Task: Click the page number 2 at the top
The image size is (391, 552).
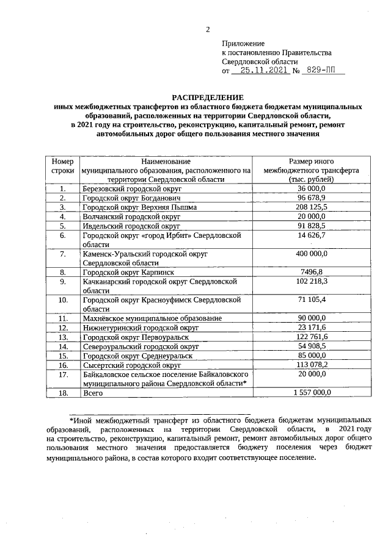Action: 208,29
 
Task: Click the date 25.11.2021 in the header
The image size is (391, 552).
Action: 263,71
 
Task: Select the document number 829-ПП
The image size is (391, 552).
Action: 325,71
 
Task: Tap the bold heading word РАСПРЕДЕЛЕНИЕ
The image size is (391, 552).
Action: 207,98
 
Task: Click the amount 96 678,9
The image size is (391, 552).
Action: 311,198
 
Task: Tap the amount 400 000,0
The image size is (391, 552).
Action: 311,253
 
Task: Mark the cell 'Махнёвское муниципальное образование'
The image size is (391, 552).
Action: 152,318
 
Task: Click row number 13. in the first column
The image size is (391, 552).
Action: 62,337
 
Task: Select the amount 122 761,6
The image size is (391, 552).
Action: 311,337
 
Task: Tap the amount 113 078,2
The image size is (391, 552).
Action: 311,365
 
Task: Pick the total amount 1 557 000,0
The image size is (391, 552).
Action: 311,393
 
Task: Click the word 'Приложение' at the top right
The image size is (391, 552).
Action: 244,44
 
